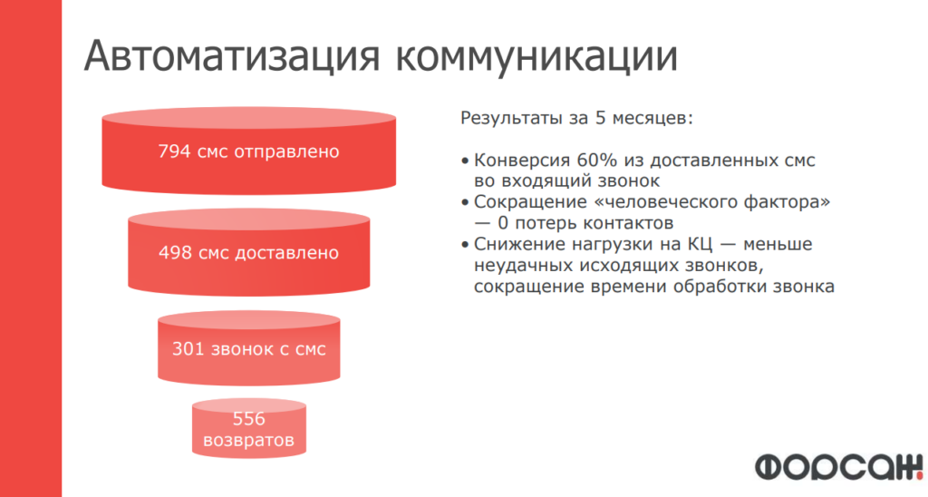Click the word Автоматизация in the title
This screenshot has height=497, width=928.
(231, 57)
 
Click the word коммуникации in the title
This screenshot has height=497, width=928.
(536, 58)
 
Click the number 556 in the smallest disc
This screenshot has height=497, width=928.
(248, 419)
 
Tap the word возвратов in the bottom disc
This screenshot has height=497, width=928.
(248, 441)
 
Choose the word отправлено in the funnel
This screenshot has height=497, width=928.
(286, 152)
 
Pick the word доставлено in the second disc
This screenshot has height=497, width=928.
(287, 254)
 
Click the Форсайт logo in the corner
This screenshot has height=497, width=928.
(839, 467)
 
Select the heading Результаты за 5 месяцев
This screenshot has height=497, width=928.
(576, 118)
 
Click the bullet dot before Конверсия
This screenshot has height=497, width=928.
(465, 161)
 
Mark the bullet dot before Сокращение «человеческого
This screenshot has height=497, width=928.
(465, 203)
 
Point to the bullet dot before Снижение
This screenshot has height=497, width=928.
(465, 245)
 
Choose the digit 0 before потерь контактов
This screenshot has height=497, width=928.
(504, 223)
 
